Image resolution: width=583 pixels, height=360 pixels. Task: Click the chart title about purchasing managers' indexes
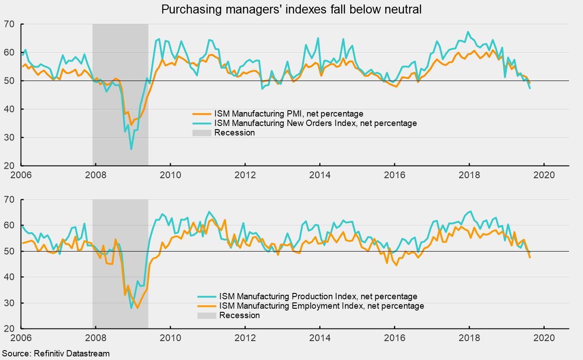(x=291, y=9)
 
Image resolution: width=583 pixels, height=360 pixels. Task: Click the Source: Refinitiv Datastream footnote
(x=55, y=353)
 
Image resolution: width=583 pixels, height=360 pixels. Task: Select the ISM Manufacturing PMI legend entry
(x=289, y=114)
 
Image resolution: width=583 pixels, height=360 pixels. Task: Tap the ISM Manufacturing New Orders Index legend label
(x=315, y=123)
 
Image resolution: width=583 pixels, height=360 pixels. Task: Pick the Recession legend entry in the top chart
(x=234, y=133)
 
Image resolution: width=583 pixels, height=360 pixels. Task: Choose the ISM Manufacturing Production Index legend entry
(x=318, y=297)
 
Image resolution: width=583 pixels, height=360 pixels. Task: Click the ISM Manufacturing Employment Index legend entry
(x=321, y=306)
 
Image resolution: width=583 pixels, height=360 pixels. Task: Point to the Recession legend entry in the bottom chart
(x=239, y=315)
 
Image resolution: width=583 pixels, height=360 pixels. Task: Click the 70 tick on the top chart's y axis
(x=9, y=24)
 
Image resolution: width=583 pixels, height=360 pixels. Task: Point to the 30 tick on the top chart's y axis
(x=9, y=137)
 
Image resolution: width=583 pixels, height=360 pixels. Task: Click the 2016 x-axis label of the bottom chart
(x=394, y=337)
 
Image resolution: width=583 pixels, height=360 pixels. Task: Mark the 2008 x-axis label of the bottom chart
(x=95, y=337)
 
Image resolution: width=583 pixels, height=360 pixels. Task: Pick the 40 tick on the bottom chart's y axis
(x=9, y=277)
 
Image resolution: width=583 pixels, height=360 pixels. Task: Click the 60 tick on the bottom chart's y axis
(x=9, y=225)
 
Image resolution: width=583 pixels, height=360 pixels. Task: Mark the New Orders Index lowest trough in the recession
(x=131, y=149)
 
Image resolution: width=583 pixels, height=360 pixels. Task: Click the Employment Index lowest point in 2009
(x=137, y=308)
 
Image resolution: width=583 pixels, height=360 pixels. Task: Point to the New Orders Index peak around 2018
(x=468, y=32)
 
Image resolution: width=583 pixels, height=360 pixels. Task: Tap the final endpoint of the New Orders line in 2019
(x=530, y=88)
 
